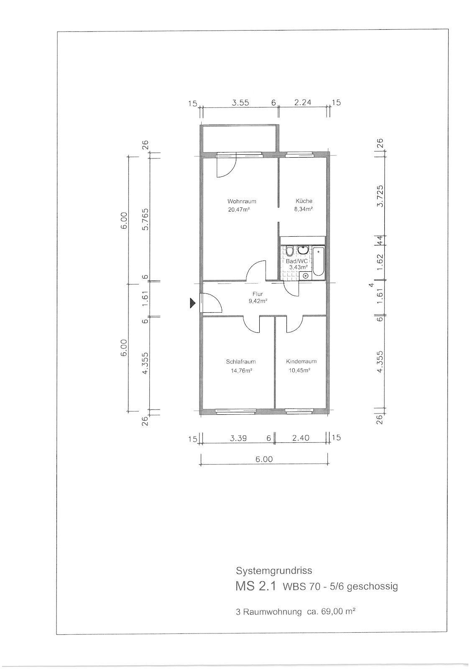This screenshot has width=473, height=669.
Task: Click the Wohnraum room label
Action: (242, 201)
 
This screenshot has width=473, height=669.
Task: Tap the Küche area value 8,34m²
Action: (303, 209)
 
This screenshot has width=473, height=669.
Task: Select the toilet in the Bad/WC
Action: (289, 251)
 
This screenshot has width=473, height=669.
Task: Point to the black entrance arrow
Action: (192, 304)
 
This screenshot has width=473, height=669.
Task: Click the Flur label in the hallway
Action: (257, 294)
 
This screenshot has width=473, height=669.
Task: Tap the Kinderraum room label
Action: (301, 361)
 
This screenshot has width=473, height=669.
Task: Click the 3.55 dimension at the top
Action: (240, 103)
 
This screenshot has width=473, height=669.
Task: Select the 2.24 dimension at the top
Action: (303, 102)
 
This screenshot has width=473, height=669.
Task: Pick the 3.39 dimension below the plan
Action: (238, 439)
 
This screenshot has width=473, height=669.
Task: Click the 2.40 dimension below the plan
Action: (301, 439)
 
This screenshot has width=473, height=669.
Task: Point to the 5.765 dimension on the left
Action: (146, 220)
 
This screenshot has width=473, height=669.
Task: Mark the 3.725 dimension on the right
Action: (380, 196)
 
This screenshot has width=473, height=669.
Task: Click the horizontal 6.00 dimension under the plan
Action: (264, 459)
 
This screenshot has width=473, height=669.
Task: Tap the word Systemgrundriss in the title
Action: (274, 571)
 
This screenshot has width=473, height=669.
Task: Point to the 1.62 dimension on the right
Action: (380, 262)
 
